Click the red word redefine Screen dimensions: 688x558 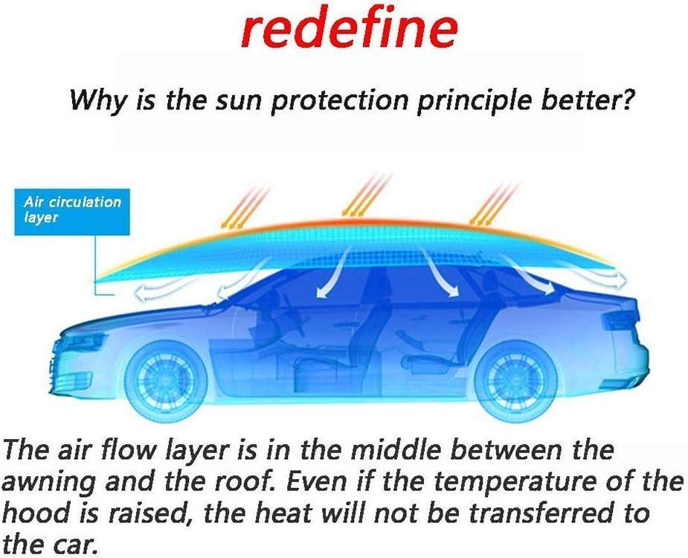350,28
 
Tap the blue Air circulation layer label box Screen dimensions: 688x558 72,212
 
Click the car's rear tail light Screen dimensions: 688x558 620,319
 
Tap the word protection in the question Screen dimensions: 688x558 339,100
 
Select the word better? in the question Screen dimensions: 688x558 588,99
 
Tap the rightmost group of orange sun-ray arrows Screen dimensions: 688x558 495,203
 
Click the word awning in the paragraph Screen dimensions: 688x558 49,482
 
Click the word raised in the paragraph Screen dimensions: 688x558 150,512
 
